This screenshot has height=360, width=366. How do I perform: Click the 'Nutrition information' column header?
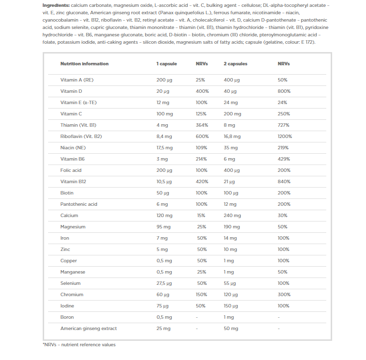[84, 64]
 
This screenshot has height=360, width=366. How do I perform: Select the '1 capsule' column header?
[166, 64]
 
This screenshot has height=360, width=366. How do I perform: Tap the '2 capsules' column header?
[235, 64]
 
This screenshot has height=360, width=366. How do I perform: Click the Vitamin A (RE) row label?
[77, 80]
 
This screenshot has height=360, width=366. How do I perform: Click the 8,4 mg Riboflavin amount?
[164, 137]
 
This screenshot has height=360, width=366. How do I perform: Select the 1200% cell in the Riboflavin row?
[286, 137]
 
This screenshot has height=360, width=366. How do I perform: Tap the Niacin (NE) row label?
[73, 148]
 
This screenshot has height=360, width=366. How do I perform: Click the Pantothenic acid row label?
[78, 204]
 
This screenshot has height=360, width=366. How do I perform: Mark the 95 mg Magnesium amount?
[163, 227]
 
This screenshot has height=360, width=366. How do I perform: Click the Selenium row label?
[70, 283]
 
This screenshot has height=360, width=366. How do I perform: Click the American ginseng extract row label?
[88, 329]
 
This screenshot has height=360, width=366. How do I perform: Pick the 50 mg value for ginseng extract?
[231, 329]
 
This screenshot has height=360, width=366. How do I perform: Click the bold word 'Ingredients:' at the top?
[56, 5]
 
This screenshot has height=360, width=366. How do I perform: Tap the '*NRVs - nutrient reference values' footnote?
[79, 345]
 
